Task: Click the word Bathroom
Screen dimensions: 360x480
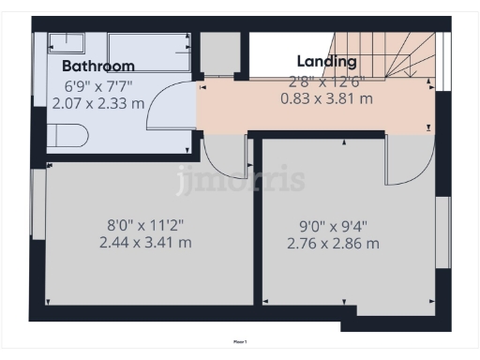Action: (98, 66)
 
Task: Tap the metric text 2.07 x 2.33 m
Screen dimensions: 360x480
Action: (103, 102)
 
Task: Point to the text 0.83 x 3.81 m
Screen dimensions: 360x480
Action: (326, 97)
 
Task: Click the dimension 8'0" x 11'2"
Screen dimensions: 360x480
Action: (144, 224)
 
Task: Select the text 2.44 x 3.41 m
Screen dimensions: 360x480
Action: (145, 242)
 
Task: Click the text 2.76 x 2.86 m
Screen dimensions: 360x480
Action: (332, 244)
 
